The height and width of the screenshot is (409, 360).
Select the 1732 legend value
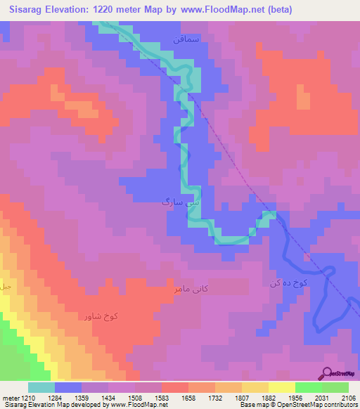pyautogui.click(x=225, y=398)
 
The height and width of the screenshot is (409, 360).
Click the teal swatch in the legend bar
pyautogui.click(x=41, y=388)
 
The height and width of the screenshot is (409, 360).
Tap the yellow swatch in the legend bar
pyautogui.click(x=281, y=388)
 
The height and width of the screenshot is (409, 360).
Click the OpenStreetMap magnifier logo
pyautogui.click(x=326, y=373)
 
